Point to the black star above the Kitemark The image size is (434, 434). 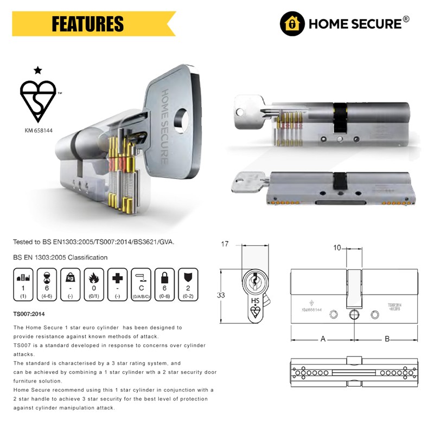click(37, 70)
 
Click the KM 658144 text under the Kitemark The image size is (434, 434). click(37, 131)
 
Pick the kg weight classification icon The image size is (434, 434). click(71, 275)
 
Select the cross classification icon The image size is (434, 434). click(117, 275)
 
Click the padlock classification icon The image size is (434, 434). click(164, 275)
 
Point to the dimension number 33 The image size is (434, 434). click(221, 296)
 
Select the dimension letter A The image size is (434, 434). click(323, 339)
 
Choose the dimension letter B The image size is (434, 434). click(387, 339)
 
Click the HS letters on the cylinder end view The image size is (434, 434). click(254, 299)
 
